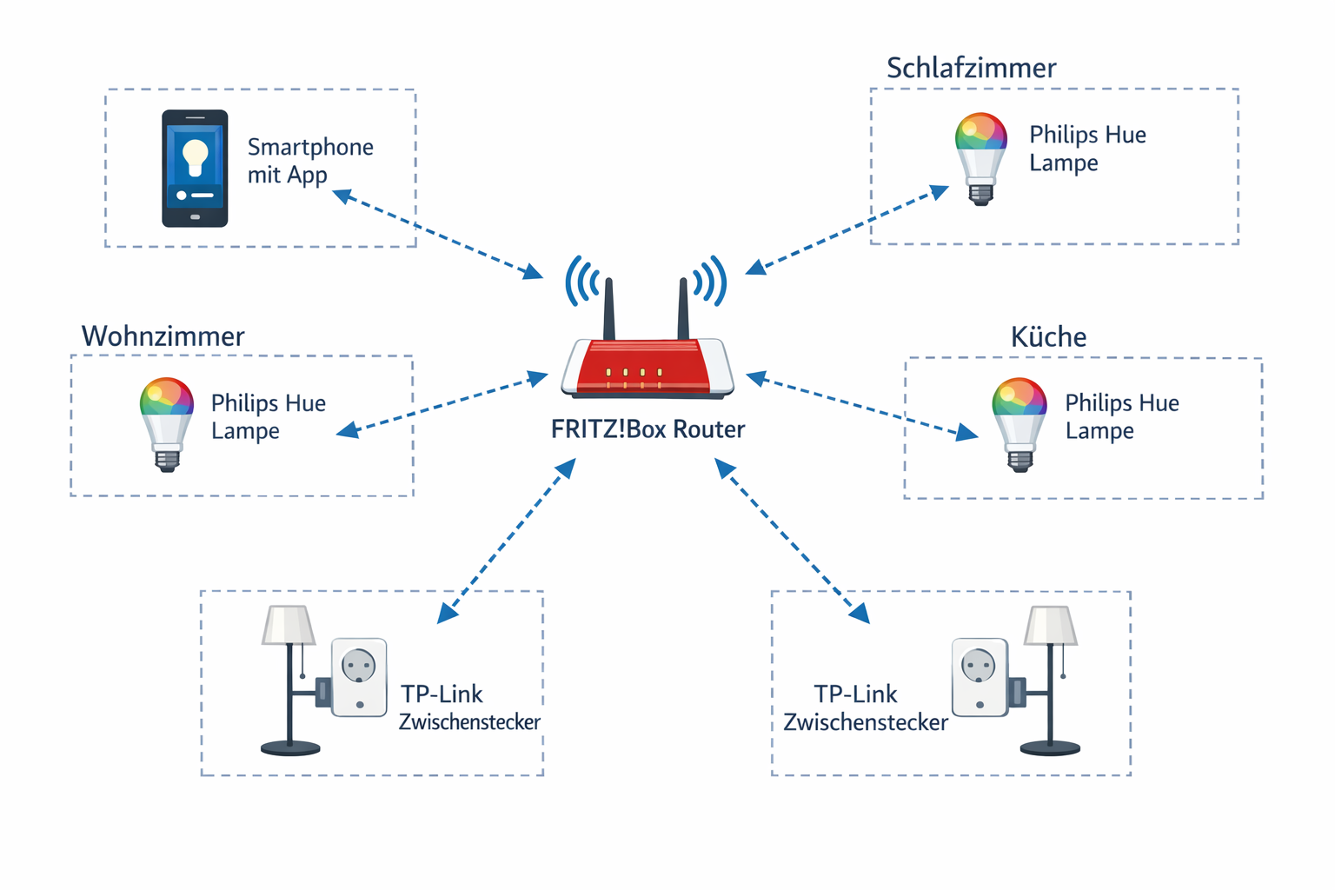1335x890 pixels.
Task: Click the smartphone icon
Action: (195, 169)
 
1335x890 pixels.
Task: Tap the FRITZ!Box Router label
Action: (648, 429)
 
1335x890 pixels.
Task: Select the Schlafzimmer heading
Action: (971, 68)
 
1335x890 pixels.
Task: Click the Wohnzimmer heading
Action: (163, 336)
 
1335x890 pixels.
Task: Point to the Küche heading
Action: (1048, 337)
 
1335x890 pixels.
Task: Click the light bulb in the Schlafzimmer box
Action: (980, 156)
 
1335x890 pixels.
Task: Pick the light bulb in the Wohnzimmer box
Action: (166, 422)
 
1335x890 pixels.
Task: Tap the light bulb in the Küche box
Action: (1019, 422)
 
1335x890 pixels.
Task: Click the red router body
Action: (648, 367)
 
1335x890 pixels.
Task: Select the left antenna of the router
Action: (609, 309)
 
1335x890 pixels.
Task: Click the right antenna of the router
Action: (683, 309)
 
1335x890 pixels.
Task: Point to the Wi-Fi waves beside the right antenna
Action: (709, 281)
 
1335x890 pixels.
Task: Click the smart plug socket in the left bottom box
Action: (359, 677)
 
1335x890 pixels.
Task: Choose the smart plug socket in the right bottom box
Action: (980, 677)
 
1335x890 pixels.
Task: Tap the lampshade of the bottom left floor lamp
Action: (289, 625)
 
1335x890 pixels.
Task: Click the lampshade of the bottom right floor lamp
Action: (1051, 625)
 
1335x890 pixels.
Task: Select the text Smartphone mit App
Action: (309, 161)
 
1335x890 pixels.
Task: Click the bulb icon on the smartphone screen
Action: (196, 156)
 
